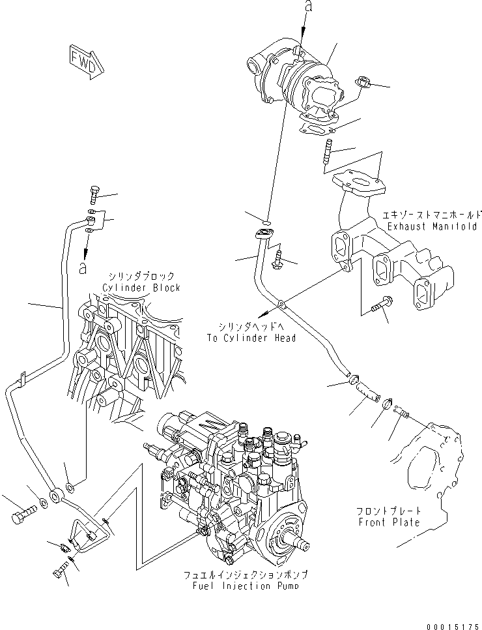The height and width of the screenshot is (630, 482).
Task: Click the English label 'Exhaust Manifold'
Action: point(431,226)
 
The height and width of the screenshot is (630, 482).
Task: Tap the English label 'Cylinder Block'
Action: point(141,288)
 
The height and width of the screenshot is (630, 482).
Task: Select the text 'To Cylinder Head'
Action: point(251,338)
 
